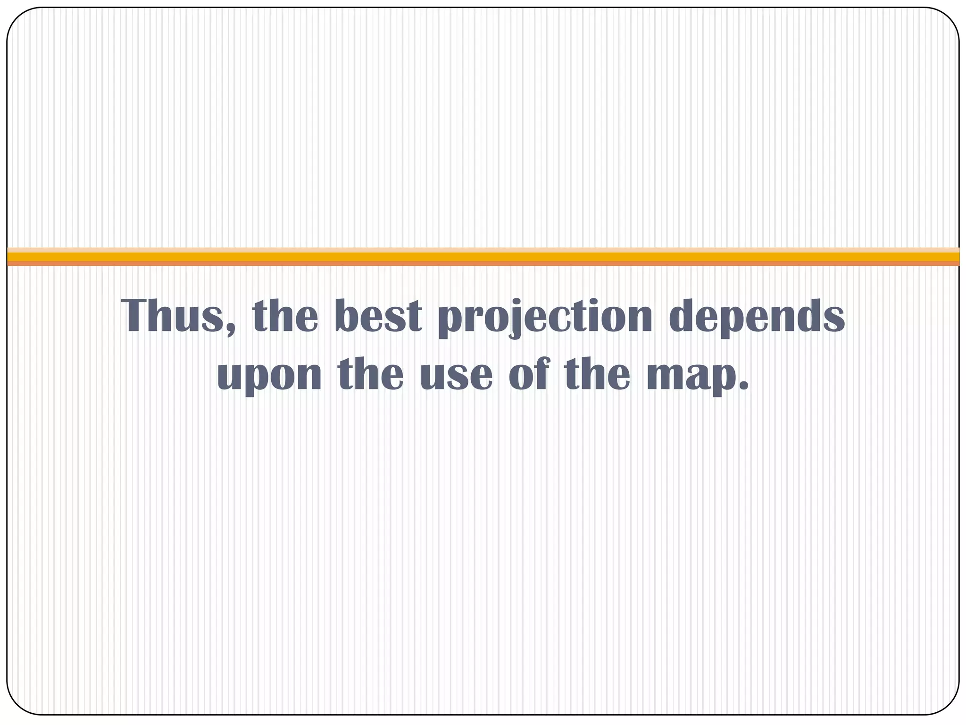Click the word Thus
click(172, 316)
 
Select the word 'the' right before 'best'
click(285, 316)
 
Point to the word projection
click(545, 317)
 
